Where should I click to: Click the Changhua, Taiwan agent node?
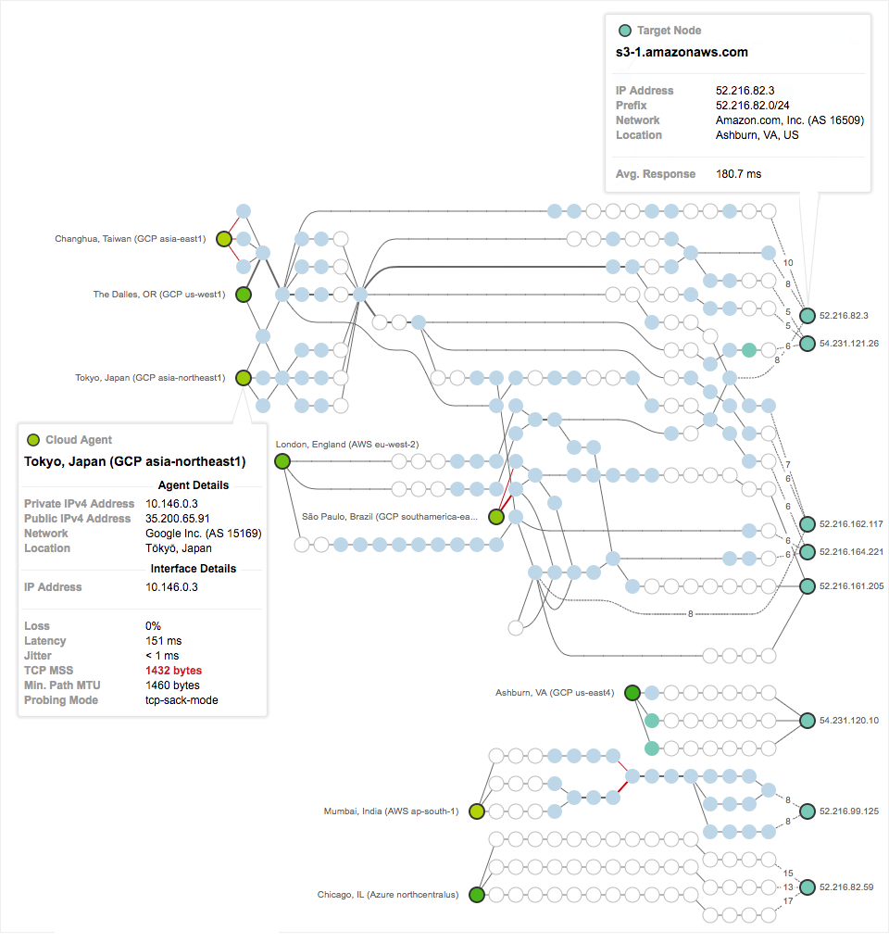coord(223,239)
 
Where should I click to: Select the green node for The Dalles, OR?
coord(244,295)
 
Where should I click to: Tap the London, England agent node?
coord(282,461)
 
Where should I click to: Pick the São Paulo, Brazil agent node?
coord(496,517)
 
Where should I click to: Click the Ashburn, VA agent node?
coord(632,693)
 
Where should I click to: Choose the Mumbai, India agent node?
coord(477,811)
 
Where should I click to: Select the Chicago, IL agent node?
coord(477,895)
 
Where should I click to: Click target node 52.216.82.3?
coord(808,316)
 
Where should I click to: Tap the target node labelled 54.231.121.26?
coord(808,343)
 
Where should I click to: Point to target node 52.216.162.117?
coord(808,524)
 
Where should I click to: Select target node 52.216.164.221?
coord(808,552)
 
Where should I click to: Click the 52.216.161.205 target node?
coord(808,585)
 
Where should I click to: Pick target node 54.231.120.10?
coord(808,720)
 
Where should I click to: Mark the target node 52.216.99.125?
coord(808,811)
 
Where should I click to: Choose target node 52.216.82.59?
coord(808,886)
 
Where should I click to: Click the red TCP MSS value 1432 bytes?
coord(173,671)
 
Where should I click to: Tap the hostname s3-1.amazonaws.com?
coord(682,53)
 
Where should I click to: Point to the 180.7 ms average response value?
coord(738,174)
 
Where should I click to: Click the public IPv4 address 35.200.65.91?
coord(177,519)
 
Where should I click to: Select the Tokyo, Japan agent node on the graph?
coord(244,378)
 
